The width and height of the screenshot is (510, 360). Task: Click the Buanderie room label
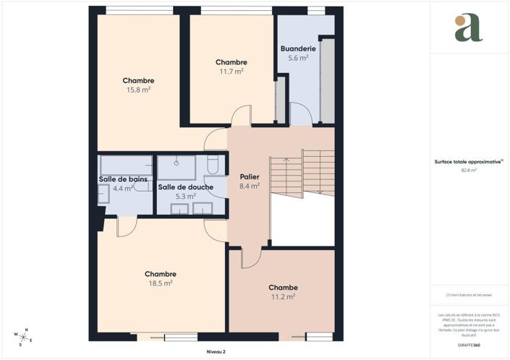(x=298, y=48)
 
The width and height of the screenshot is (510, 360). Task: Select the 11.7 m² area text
(x=231, y=72)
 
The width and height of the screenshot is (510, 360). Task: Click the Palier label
(x=249, y=176)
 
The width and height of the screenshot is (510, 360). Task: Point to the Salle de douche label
(x=186, y=187)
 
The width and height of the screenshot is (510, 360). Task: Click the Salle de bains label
(x=119, y=179)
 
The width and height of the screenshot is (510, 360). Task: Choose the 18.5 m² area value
(x=161, y=283)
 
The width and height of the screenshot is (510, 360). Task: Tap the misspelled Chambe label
(x=283, y=287)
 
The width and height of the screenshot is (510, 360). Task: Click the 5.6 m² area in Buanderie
(x=298, y=58)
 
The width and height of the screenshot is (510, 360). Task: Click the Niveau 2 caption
(x=215, y=351)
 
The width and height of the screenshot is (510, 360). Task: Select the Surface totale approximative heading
(x=467, y=162)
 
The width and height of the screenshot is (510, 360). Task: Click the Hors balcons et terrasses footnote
(x=467, y=295)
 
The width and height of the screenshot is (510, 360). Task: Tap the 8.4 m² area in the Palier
(x=249, y=186)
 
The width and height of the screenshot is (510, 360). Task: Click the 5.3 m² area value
(x=186, y=196)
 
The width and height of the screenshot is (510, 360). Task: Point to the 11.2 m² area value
(x=283, y=296)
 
